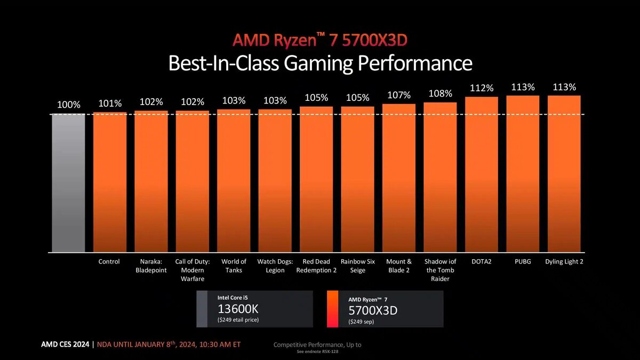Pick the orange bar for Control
pos(109,182)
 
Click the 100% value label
pos(68,105)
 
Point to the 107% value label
pos(398,95)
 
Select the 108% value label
pos(440,94)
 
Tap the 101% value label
pos(109,103)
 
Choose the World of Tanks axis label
pos(234,266)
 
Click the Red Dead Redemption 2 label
pos(316,266)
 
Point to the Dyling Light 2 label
pos(564,261)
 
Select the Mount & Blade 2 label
pos(398,266)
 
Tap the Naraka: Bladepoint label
pos(151,266)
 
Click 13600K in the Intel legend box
pos(236,309)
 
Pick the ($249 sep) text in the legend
pos(361,322)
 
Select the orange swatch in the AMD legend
pos(332,309)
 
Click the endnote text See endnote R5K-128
pos(317,352)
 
